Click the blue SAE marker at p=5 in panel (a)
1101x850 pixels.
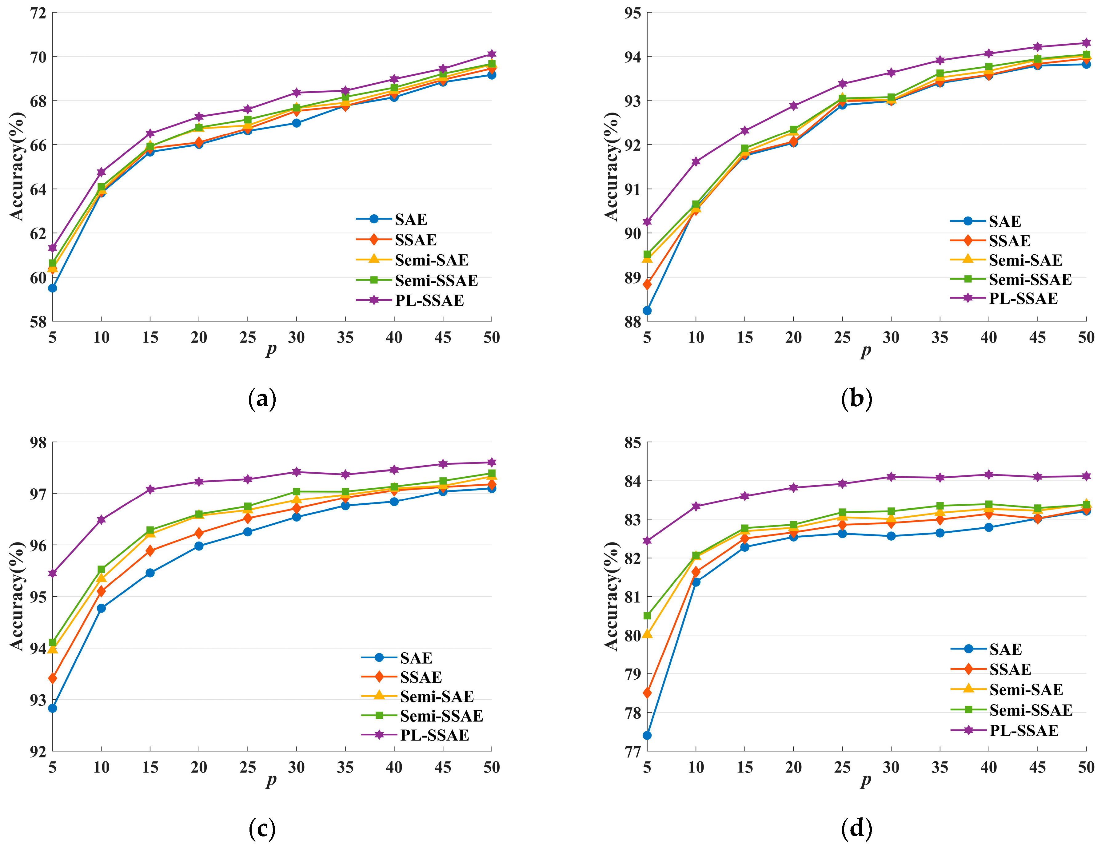pyautogui.click(x=52, y=288)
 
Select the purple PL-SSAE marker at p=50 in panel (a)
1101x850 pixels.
pyautogui.click(x=492, y=54)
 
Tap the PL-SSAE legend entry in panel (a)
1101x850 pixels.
pyautogui.click(x=429, y=300)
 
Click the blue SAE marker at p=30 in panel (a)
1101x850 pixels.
pyautogui.click(x=297, y=123)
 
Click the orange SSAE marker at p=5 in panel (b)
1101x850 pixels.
pyautogui.click(x=647, y=284)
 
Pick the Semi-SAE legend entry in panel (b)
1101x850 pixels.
pyautogui.click(x=1025, y=260)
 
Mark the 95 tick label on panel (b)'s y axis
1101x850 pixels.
pyautogui.click(x=633, y=13)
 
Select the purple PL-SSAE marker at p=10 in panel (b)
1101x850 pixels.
pyautogui.click(x=696, y=161)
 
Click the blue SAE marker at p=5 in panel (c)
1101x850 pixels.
pyautogui.click(x=52, y=708)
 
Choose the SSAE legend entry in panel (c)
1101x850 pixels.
pyautogui.click(x=421, y=677)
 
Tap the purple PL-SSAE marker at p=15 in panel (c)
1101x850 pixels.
pyautogui.click(x=150, y=489)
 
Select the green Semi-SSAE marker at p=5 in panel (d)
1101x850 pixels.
pyautogui.click(x=647, y=616)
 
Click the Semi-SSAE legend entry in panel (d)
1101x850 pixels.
pyautogui.click(x=1031, y=710)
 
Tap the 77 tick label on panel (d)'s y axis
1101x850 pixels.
pyautogui.click(x=633, y=751)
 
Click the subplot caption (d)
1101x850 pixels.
pyautogui.click(x=856, y=828)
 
